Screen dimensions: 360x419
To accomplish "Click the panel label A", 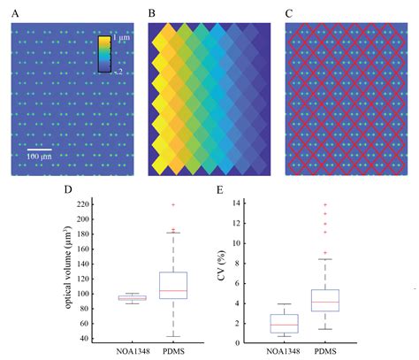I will [x=14, y=14].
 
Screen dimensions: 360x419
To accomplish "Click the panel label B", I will [x=151, y=14].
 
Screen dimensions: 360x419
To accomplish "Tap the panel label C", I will [x=288, y=14].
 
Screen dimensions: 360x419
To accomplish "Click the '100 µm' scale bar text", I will [x=37, y=156].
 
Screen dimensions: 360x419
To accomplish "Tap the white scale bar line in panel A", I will [x=37, y=147].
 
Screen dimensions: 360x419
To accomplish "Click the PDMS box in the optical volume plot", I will [x=173, y=285].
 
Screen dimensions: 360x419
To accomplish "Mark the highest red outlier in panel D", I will [x=173, y=204].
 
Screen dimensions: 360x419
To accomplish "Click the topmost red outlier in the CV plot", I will [x=351, y=204].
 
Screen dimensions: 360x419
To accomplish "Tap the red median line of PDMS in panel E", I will [x=351, y=303].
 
